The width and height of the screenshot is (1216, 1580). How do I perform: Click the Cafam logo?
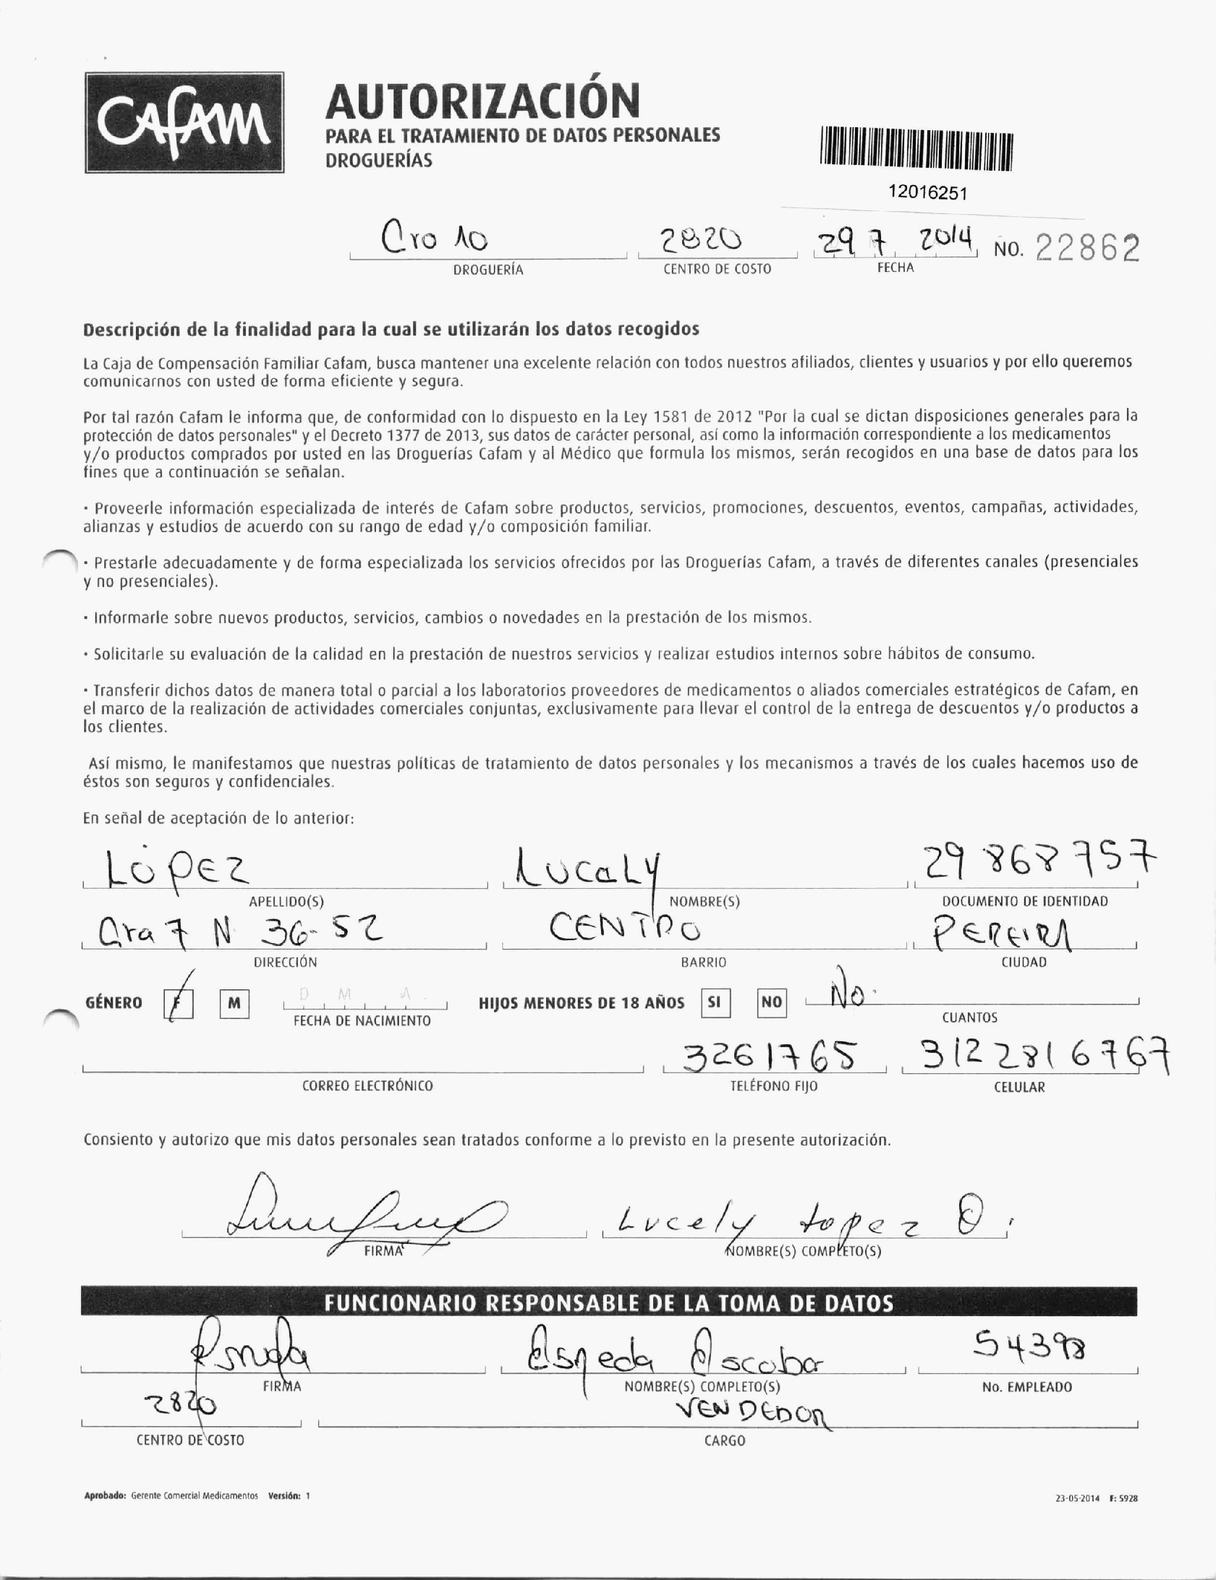coord(184,122)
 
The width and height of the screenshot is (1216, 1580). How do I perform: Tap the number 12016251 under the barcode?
coord(927,193)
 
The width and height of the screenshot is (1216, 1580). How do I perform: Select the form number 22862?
coord(1087,249)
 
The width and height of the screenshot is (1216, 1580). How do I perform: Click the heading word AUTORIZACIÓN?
coord(482,101)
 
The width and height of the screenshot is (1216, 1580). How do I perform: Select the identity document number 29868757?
coord(1037,861)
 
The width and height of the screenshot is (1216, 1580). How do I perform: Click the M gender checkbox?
coord(234,1003)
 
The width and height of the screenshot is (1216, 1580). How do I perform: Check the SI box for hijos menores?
coord(714,1003)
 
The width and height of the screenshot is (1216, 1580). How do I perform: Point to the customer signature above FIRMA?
coord(362,1215)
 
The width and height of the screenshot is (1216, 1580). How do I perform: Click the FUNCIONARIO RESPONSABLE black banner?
coord(607,1303)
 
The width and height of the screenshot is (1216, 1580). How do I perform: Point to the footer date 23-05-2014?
coord(1077,1498)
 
